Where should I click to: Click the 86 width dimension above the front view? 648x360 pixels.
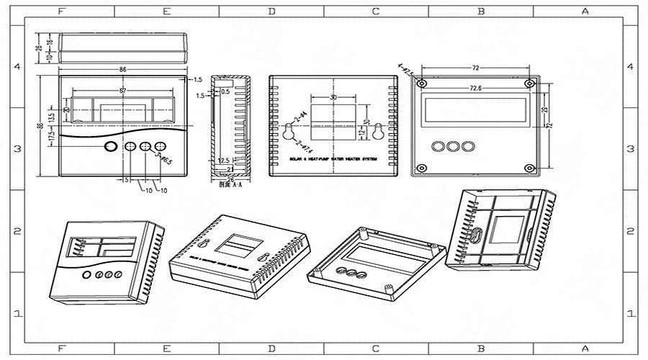(123, 70)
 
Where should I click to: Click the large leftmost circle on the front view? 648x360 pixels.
(110, 147)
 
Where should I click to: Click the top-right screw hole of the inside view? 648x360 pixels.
(530, 84)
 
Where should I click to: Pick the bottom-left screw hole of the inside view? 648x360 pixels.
(422, 168)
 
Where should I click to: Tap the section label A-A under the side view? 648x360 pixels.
(226, 184)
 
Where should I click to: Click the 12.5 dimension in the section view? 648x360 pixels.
(224, 160)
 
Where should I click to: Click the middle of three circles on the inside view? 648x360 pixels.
(453, 146)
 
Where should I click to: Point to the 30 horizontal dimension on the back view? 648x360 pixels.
(333, 98)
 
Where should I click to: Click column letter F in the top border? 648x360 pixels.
(60, 11)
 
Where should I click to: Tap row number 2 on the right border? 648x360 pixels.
(631, 231)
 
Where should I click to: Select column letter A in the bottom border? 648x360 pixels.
(585, 348)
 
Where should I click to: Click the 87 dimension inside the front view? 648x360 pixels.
(123, 90)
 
